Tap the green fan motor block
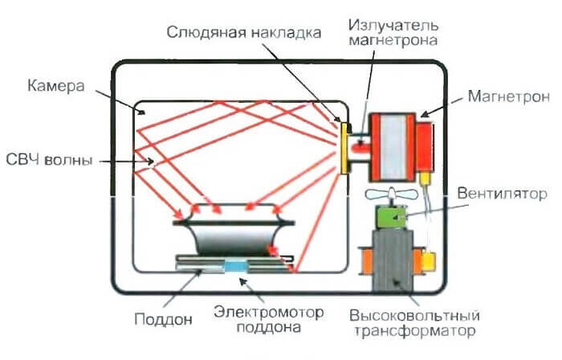(x=392, y=219)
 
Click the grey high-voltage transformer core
(x=393, y=262)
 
